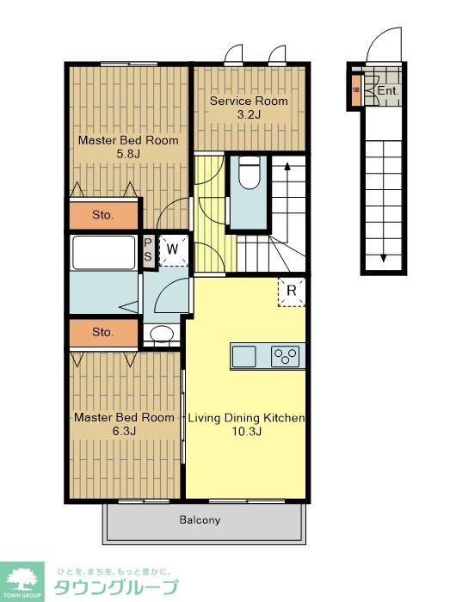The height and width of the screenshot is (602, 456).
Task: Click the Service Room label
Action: [x=249, y=101]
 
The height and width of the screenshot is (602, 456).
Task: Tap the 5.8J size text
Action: [x=128, y=154]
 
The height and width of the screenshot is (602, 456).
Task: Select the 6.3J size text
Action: [x=124, y=431]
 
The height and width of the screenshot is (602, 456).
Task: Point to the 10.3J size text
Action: [x=246, y=431]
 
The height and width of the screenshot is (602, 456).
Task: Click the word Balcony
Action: [x=200, y=519]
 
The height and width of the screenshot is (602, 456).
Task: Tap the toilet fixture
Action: [x=249, y=175]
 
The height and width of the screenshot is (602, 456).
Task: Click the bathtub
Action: [x=104, y=253]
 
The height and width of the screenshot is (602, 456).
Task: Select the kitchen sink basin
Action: [x=244, y=357]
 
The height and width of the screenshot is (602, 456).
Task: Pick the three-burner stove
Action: [x=285, y=356]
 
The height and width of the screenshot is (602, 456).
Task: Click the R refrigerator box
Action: [x=292, y=292]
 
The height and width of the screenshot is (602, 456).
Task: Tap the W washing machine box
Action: [x=173, y=250]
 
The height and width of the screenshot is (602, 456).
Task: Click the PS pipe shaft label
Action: [x=148, y=250]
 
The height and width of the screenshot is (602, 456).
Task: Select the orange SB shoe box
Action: [x=356, y=90]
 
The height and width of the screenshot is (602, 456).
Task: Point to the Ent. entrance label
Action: [x=389, y=91]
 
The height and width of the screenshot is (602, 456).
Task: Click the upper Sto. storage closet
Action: [x=103, y=215]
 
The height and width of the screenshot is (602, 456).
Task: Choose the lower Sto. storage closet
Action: [x=103, y=332]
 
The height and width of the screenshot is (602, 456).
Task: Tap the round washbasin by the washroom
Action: [x=162, y=334]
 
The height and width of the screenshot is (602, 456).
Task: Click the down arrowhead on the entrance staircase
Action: [x=383, y=258]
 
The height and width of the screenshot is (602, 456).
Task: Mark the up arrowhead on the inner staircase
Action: [x=287, y=166]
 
